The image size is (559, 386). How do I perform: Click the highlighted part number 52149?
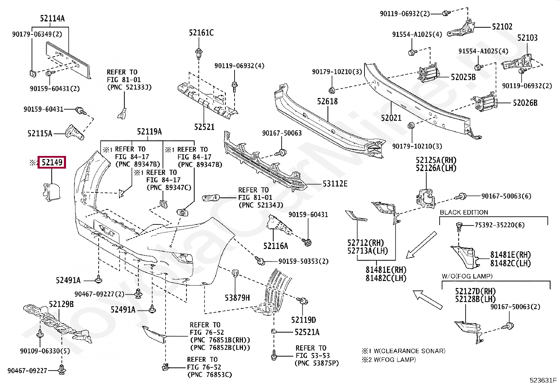pos(52,162)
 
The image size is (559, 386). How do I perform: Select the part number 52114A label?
pos(52,19)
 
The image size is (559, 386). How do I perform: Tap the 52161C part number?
pos(201,33)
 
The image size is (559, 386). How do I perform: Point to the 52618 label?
pos(327,102)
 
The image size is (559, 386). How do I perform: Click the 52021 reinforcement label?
pos(391,118)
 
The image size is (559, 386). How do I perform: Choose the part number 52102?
pos(502,27)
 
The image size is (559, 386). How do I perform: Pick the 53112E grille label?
pos(335,184)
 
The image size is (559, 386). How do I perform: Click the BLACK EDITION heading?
pos(464,212)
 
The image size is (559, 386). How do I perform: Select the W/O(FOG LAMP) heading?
pos(467,276)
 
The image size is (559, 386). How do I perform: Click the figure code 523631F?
pos(543,380)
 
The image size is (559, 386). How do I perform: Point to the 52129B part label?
pos(61,304)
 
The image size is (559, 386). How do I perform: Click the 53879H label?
pos(237,297)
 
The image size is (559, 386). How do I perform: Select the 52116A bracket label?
pos(276,246)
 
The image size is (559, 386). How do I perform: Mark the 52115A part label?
pos(40,133)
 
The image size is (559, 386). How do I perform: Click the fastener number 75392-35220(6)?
pos(500,225)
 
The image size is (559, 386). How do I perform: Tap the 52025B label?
pos(463,77)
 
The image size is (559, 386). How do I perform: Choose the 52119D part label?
pos(303,320)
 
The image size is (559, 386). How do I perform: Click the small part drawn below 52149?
pos(51,192)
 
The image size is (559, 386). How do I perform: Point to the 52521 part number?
pos(204,127)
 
